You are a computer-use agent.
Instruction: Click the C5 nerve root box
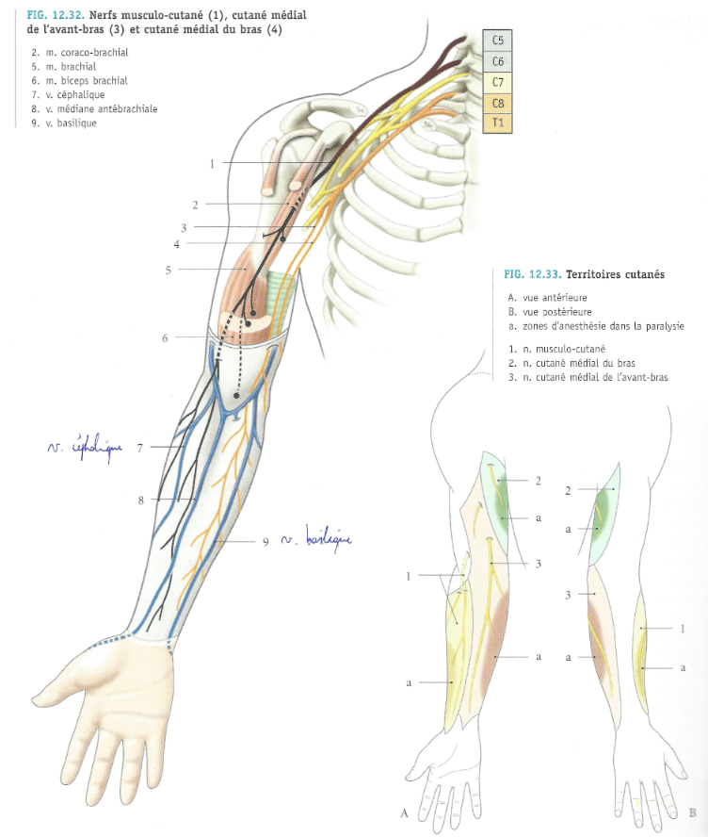[498, 41]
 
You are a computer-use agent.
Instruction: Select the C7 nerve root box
[498, 82]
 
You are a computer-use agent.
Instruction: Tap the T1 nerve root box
[498, 123]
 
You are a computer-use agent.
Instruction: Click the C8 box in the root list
[498, 103]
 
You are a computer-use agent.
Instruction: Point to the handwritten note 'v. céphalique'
[85, 447]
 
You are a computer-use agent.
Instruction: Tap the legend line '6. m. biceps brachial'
[79, 81]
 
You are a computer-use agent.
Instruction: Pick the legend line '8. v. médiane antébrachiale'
[93, 109]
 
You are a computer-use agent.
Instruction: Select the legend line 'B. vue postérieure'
[548, 312]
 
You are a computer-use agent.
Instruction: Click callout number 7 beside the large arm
[139, 447]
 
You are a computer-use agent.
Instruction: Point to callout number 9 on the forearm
[266, 542]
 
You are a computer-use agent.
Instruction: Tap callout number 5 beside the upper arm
[167, 271]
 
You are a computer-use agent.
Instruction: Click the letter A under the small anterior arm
[404, 812]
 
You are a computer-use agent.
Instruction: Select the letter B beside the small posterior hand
[692, 812]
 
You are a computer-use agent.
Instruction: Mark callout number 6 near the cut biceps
[165, 336]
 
